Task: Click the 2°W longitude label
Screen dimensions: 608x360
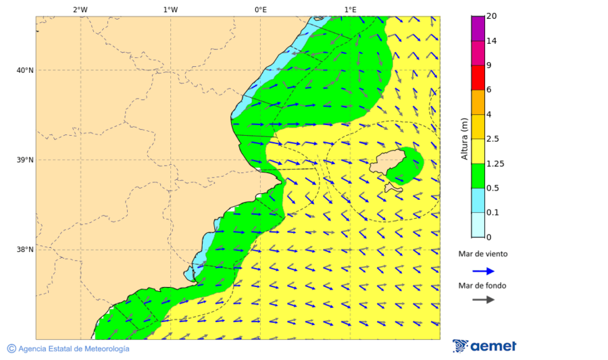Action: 80,10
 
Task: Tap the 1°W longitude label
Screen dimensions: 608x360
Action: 170,10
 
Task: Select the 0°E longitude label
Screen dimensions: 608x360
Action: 260,10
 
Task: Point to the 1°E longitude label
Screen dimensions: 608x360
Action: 350,10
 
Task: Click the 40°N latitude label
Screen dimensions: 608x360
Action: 24,70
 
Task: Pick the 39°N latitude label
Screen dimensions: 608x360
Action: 24,160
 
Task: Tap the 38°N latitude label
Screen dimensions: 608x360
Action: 24,250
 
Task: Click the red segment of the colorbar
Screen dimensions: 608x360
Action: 478,78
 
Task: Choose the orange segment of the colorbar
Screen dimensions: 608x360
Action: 478,102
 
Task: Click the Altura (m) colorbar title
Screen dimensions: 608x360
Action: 464,139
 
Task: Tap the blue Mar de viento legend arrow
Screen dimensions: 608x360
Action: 483,271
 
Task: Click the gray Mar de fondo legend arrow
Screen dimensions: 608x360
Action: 483,299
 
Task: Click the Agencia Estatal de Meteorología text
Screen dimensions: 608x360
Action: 73,349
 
